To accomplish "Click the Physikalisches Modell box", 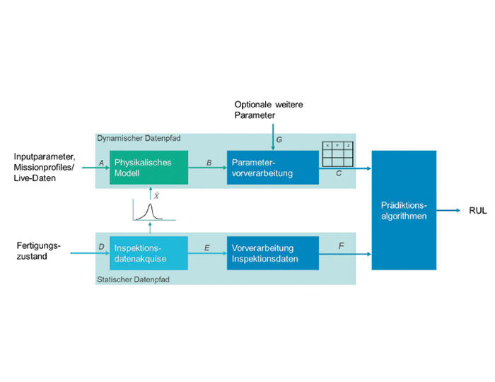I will (148, 168).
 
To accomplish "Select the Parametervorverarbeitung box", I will (272, 168).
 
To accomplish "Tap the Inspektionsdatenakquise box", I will (148, 253).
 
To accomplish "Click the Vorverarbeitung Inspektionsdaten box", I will (272, 253).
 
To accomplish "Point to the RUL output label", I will (477, 211).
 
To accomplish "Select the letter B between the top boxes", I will (209, 162).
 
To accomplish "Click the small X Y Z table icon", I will (337, 154).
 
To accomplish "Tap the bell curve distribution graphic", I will (149, 211).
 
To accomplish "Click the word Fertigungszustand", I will (39, 250).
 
